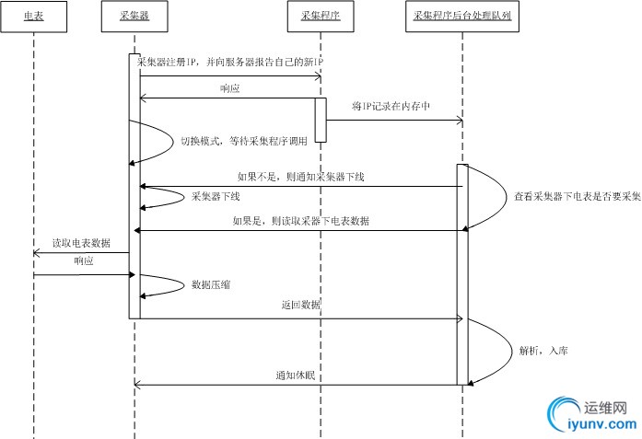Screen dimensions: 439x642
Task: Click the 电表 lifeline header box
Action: [x=32, y=17]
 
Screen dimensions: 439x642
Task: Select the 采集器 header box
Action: [x=134, y=17]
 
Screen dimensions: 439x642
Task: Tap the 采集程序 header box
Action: [x=320, y=17]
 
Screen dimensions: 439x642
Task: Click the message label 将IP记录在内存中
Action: [x=391, y=106]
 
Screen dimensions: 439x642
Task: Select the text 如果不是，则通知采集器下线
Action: [x=300, y=176]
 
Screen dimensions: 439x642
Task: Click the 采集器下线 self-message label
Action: [x=215, y=196]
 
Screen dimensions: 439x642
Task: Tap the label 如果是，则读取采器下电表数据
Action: [x=302, y=221]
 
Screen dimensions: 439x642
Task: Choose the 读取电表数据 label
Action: [x=81, y=243]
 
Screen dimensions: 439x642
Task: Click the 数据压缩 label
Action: [x=211, y=285]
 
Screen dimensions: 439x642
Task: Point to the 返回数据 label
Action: [x=301, y=304]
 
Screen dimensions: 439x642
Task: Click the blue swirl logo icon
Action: [x=564, y=415]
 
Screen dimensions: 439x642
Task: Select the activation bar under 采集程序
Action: [x=321, y=119]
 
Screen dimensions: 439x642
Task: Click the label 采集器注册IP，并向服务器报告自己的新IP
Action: [x=230, y=61]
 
